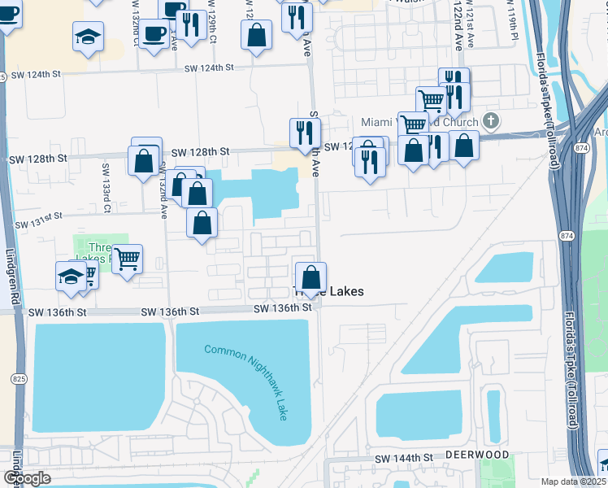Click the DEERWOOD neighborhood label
click(477, 455)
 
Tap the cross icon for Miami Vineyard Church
click(490, 122)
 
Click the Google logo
click(27, 477)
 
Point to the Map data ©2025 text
click(572, 481)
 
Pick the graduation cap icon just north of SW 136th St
click(72, 277)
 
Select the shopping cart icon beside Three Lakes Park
click(127, 259)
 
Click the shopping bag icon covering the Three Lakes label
click(310, 277)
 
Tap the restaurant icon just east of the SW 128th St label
click(305, 133)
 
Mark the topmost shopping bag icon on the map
click(256, 35)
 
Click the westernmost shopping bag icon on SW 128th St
click(144, 160)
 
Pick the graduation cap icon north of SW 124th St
click(88, 36)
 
